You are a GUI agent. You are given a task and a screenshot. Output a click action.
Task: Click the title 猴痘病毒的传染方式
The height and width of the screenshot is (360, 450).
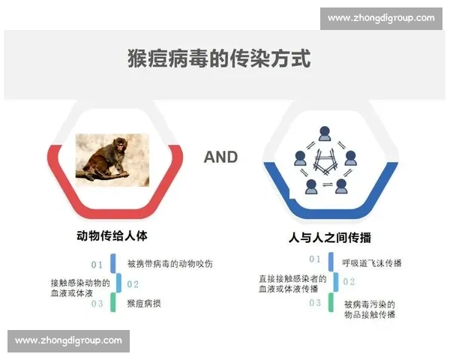point(219,59)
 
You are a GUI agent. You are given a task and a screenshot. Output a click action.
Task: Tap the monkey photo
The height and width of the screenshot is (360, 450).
point(112,159)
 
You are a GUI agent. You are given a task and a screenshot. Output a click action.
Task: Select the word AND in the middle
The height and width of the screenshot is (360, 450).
point(220,157)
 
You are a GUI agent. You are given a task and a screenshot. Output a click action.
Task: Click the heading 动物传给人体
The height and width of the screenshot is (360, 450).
point(112,235)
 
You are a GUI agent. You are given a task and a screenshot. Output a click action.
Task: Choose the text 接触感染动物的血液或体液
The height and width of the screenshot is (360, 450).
point(80,288)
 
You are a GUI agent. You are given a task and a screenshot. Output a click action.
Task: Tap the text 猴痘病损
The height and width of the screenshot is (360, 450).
point(144,304)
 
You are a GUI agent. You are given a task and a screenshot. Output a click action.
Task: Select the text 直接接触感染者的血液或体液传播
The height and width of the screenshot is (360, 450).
point(292,283)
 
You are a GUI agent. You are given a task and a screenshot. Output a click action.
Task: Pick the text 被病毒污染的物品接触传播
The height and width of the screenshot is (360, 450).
point(369,309)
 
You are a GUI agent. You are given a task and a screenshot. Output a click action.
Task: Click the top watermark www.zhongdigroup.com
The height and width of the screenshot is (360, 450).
point(381,18)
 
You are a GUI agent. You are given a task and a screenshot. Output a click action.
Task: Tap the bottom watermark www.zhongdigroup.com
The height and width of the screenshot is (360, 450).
point(68,340)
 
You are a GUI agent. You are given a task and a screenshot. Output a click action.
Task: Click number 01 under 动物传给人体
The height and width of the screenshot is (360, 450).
point(97,265)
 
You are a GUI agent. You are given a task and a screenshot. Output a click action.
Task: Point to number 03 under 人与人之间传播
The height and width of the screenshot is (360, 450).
point(315,303)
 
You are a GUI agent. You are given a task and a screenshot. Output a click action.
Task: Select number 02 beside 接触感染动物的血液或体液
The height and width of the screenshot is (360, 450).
point(133,284)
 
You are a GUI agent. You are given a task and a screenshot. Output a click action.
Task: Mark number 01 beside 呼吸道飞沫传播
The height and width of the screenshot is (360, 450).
point(315,259)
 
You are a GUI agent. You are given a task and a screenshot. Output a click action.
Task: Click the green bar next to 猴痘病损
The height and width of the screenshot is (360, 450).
point(113,303)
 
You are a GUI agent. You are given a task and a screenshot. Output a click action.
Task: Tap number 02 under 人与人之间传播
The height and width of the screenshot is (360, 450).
point(349,281)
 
